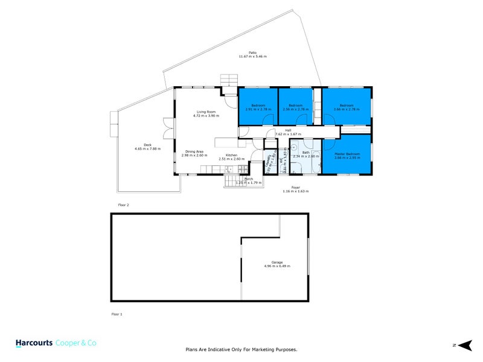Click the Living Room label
click(x=206, y=112)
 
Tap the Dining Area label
click(x=194, y=151)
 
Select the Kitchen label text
click(x=232, y=156)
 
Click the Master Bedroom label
click(x=347, y=154)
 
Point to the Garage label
click(x=277, y=262)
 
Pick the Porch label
click(x=248, y=179)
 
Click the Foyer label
click(x=295, y=187)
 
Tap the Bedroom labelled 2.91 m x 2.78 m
click(x=258, y=106)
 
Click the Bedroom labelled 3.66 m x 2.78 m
click(x=346, y=106)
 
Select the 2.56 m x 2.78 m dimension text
click(x=295, y=110)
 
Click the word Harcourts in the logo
click(x=34, y=342)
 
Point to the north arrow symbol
click(x=463, y=345)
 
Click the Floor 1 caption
click(x=117, y=314)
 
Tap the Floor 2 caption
click(x=123, y=205)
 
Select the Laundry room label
click(x=269, y=163)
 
